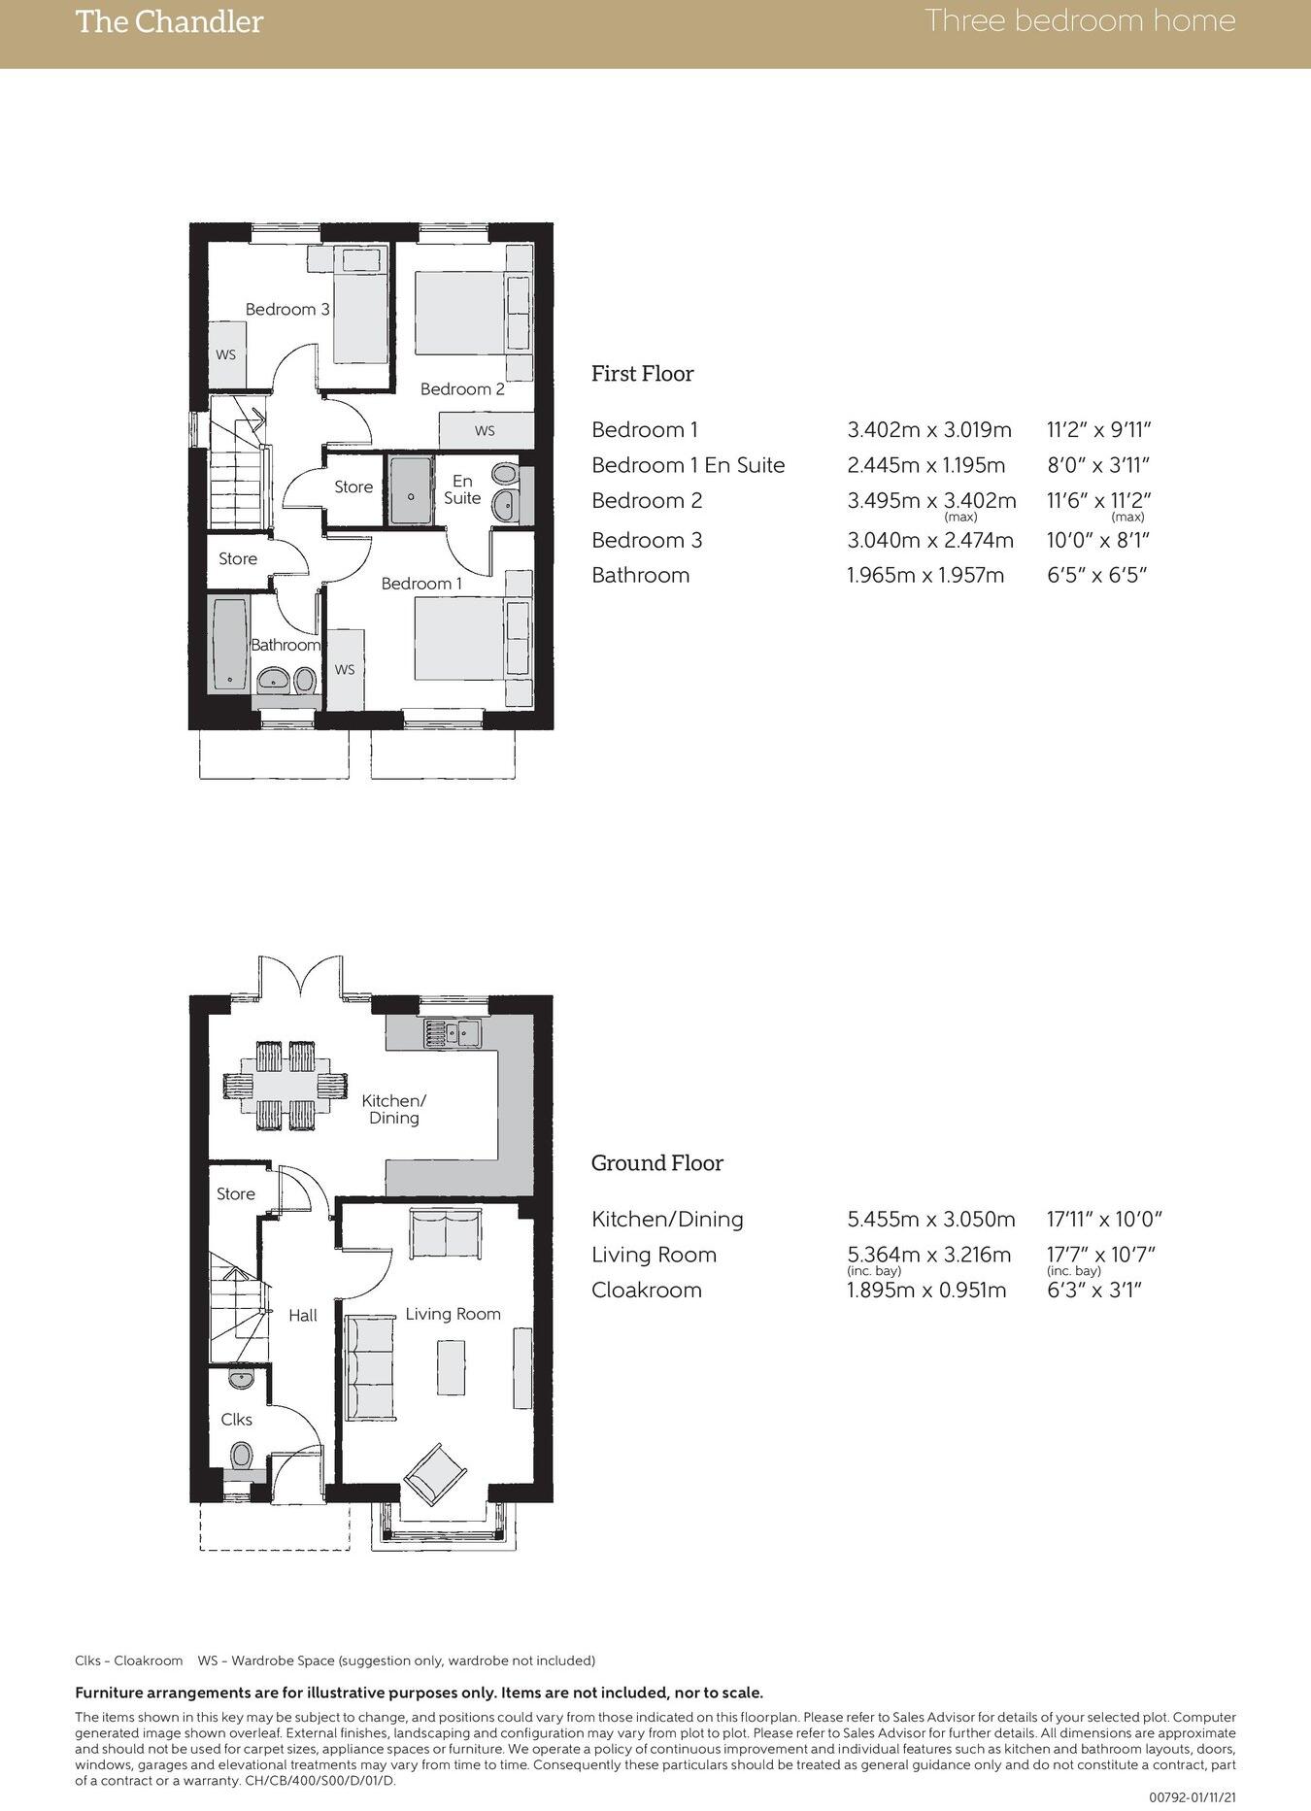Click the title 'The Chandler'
(x=169, y=22)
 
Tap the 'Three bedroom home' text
(x=1079, y=20)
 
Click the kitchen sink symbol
(x=452, y=1033)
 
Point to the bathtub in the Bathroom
(x=229, y=645)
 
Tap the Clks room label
(x=236, y=1419)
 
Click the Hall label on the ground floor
(x=303, y=1315)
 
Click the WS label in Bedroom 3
(x=225, y=354)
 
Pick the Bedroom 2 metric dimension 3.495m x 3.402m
(x=931, y=501)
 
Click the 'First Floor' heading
(x=642, y=374)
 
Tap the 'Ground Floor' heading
(x=656, y=1163)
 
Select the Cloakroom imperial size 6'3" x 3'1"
(x=1093, y=1291)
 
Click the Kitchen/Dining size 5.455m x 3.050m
(x=931, y=1220)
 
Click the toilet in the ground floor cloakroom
(x=241, y=1457)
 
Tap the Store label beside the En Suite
(x=353, y=486)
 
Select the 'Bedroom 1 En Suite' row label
(x=688, y=465)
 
